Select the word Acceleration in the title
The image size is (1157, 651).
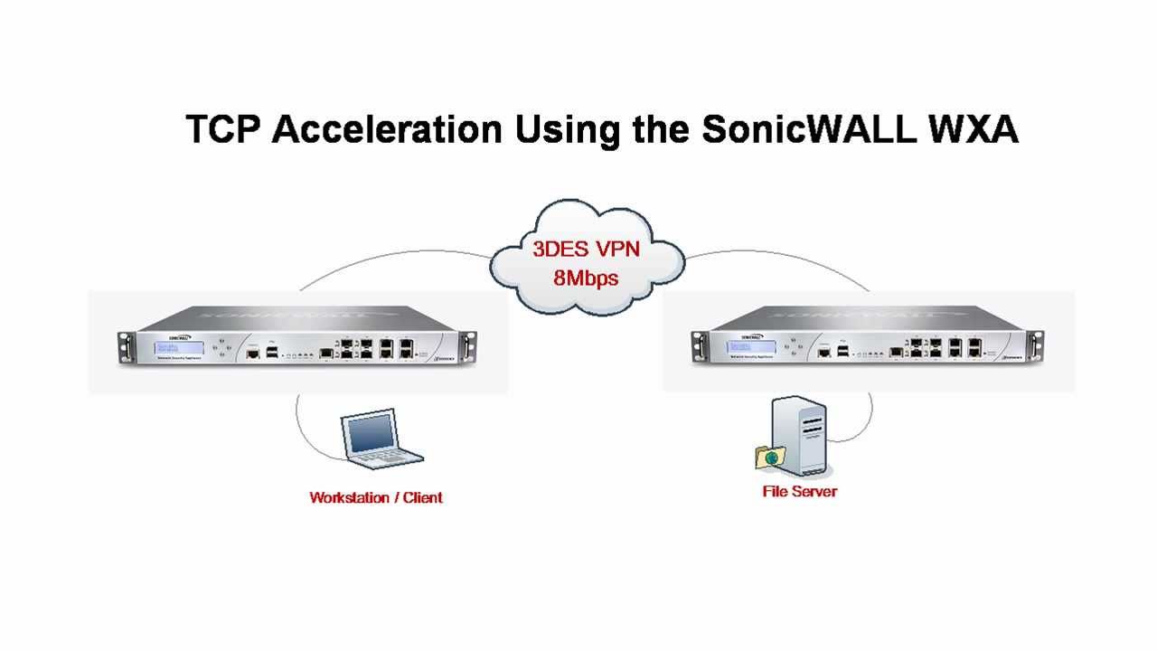pyautogui.click(x=387, y=129)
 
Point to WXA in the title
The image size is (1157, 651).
pyautogui.click(x=973, y=129)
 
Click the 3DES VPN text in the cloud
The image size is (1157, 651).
pyautogui.click(x=586, y=249)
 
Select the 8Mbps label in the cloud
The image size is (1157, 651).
pyautogui.click(x=586, y=277)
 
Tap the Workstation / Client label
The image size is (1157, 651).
pyautogui.click(x=376, y=497)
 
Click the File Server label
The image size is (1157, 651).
pyautogui.click(x=799, y=492)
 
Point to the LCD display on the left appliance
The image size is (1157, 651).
pyautogui.click(x=167, y=347)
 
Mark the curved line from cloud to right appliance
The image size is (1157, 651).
pyautogui.click(x=777, y=259)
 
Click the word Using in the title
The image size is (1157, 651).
pyautogui.click(x=567, y=129)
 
